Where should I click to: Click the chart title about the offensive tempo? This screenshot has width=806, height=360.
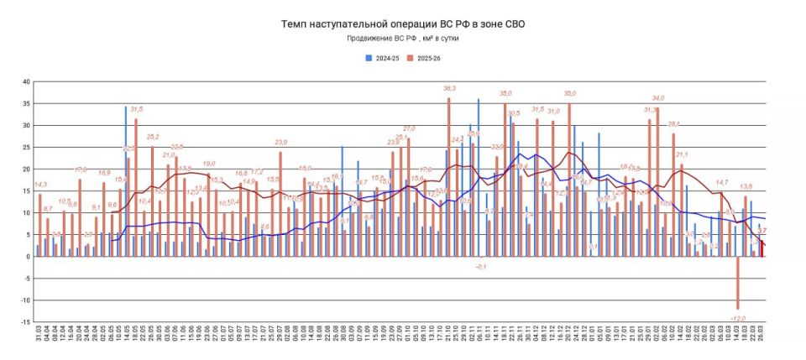[404, 24]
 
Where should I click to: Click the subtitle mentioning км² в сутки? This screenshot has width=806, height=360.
[403, 39]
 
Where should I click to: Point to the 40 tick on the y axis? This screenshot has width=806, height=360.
[26, 81]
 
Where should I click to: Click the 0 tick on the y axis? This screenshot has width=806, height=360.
[28, 257]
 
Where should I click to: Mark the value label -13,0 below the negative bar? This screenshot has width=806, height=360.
[738, 319]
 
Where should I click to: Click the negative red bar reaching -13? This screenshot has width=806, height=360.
[738, 284]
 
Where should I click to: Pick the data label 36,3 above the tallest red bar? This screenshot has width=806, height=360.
[449, 88]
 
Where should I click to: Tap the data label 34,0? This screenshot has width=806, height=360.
[658, 98]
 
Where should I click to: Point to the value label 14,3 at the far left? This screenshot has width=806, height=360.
[39, 185]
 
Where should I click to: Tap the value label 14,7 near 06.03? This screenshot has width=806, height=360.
[722, 182]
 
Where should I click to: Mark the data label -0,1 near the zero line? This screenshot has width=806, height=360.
[481, 266]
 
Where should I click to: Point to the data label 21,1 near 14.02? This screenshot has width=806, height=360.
[682, 154]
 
